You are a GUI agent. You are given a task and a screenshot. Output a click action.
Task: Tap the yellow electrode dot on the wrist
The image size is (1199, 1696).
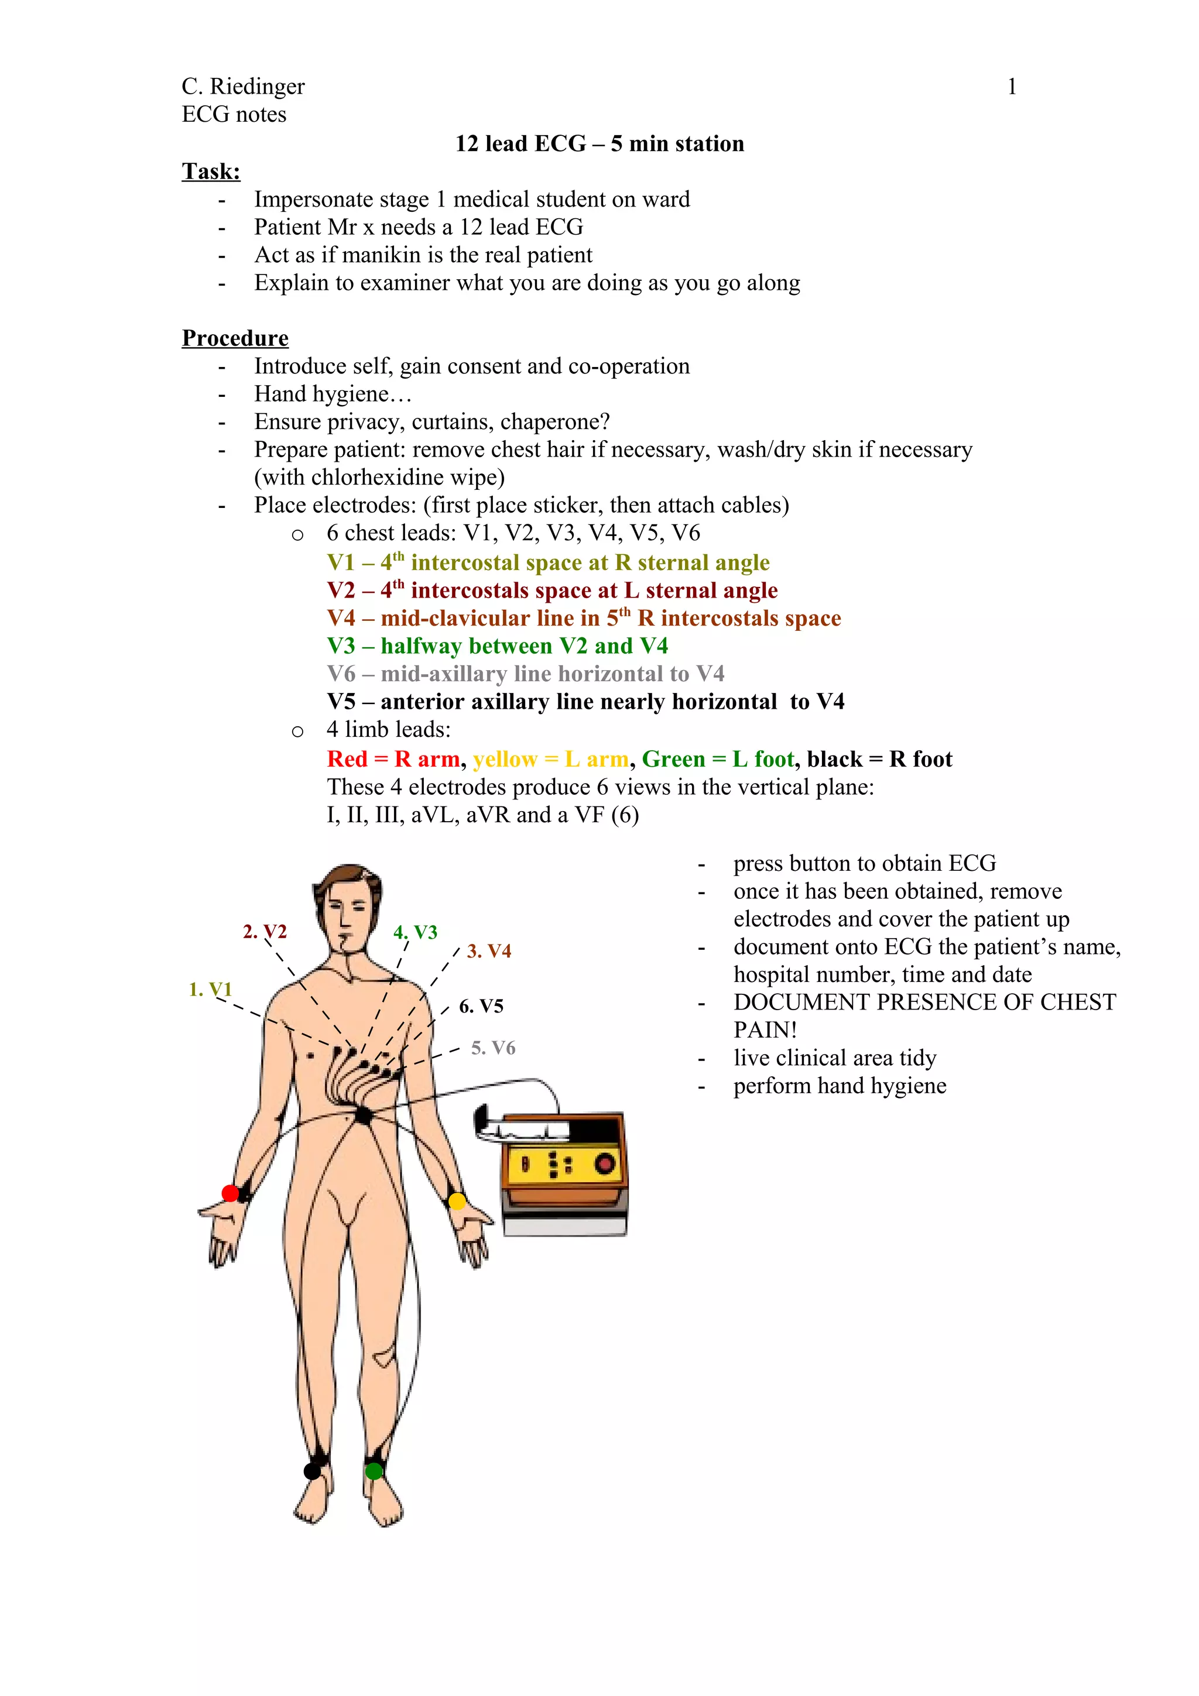pyautogui.click(x=457, y=1201)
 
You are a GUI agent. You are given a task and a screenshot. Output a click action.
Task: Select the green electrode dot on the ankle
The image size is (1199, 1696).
pyautogui.click(x=374, y=1471)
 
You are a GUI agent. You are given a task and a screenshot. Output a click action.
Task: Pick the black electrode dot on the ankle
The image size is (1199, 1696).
pyautogui.click(x=313, y=1471)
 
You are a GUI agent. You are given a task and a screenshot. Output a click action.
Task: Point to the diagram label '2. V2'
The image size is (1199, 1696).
pyautogui.click(x=265, y=932)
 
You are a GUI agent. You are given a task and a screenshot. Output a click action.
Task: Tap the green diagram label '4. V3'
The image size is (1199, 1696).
pyautogui.click(x=415, y=932)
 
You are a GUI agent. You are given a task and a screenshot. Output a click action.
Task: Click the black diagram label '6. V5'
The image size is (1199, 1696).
pyautogui.click(x=481, y=1006)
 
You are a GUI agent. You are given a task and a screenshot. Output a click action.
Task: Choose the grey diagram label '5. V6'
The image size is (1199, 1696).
pyautogui.click(x=493, y=1048)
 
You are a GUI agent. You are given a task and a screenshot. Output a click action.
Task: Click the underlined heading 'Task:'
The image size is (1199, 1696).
pyautogui.click(x=211, y=171)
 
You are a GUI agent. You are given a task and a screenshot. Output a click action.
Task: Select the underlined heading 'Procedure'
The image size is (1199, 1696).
pyautogui.click(x=235, y=338)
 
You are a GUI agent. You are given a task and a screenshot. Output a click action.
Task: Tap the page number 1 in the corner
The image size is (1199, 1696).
pyautogui.click(x=1011, y=87)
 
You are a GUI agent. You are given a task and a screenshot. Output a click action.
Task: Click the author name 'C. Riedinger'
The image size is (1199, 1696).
pyautogui.click(x=243, y=87)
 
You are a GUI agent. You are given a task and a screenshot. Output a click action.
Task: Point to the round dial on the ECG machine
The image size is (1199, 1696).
pyautogui.click(x=605, y=1164)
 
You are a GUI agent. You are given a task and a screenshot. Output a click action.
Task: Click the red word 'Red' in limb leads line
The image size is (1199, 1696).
pyautogui.click(x=347, y=760)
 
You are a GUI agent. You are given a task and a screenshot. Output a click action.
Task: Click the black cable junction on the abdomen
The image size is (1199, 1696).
pyautogui.click(x=363, y=1115)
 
